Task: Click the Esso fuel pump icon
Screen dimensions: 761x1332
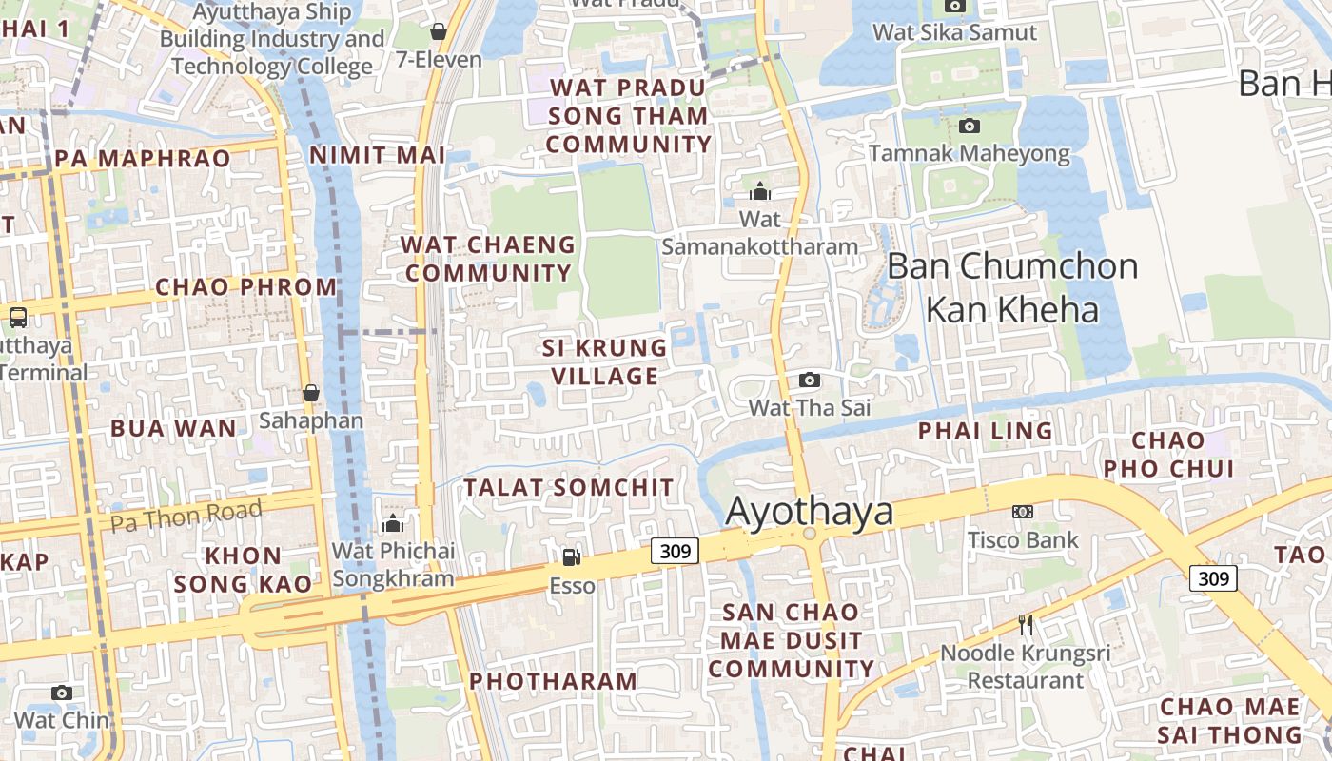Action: point(571,556)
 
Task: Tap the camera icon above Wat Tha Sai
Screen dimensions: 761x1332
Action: point(810,380)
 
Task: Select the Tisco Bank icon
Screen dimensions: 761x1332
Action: point(1023,512)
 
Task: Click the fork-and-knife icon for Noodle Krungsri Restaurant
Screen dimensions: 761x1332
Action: point(1026,625)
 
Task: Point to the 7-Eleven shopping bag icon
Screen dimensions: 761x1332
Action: point(439,31)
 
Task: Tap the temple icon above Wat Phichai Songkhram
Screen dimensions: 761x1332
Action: point(392,523)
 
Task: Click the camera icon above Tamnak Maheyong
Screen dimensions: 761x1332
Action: point(970,126)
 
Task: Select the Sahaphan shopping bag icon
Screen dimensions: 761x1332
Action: point(311,393)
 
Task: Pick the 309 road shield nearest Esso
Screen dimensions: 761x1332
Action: point(676,550)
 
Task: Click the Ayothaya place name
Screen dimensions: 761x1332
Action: point(810,512)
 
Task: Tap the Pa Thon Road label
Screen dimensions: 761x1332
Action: point(186,517)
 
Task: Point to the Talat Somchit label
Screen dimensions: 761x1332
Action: point(568,487)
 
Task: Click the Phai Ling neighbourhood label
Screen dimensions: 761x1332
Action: point(985,431)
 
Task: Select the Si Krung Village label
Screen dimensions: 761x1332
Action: point(605,361)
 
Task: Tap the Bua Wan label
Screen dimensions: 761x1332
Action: point(173,428)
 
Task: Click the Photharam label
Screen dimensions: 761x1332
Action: point(553,681)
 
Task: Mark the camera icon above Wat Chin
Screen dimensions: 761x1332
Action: point(62,693)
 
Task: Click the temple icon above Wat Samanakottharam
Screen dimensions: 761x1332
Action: point(759,192)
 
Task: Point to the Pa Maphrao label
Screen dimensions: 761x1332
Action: point(143,158)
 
